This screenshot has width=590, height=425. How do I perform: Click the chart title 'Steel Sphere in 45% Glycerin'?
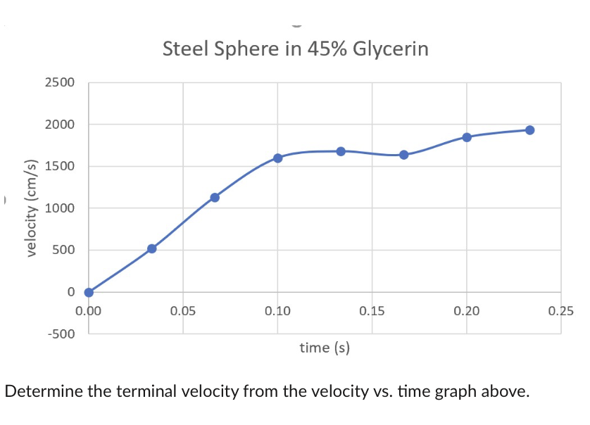coord(295,50)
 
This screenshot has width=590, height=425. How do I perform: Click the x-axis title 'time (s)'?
coord(325,347)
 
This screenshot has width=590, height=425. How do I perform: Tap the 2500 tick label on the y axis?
coord(59,83)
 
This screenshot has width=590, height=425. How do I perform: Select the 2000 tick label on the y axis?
coord(59,125)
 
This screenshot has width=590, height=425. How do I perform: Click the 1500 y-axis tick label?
coord(59,167)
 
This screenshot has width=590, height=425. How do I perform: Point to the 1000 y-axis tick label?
coord(59,208)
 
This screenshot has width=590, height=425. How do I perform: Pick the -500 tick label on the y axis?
coord(61,334)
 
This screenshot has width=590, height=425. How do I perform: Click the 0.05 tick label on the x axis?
coord(183,310)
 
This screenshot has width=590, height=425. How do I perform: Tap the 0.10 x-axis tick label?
coord(277,310)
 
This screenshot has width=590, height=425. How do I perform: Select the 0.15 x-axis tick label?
coord(372,310)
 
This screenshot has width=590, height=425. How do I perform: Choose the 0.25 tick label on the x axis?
coord(561,310)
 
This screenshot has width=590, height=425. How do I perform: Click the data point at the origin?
coord(89,292)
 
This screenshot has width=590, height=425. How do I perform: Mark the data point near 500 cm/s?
coord(151,248)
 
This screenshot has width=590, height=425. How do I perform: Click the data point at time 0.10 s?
coord(277,158)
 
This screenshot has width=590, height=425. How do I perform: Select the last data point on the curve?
coord(529,130)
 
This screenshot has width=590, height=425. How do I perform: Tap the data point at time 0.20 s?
coord(467,137)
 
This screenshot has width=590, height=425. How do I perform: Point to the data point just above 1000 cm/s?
coord(215,197)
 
